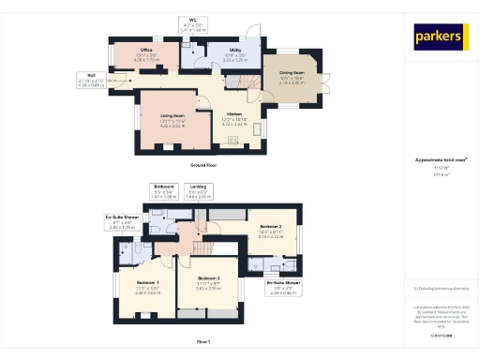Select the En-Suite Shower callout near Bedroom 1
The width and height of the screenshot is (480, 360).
click(124, 223)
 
